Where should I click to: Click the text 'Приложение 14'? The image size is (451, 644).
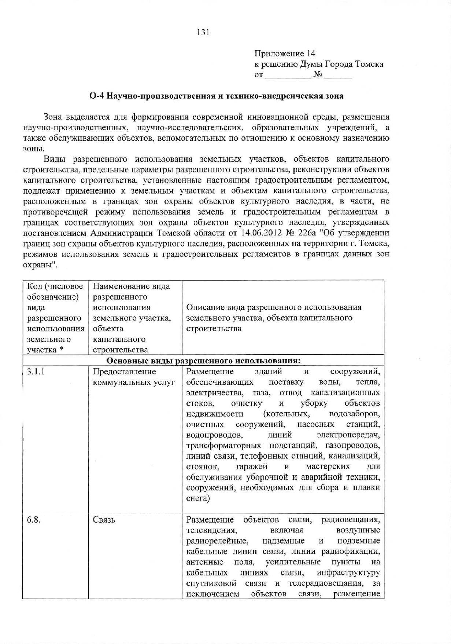point(285,54)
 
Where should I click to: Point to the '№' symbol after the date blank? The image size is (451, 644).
point(318,75)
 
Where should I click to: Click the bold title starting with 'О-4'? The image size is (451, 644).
point(217,96)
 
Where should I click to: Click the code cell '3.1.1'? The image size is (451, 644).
point(36,372)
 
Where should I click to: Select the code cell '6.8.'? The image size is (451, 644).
point(33,520)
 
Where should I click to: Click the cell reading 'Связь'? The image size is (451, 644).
point(104,520)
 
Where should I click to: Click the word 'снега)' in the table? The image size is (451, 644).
point(198,498)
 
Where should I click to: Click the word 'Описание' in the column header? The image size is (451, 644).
point(203,307)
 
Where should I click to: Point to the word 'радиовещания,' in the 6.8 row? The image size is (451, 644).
point(351,520)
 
